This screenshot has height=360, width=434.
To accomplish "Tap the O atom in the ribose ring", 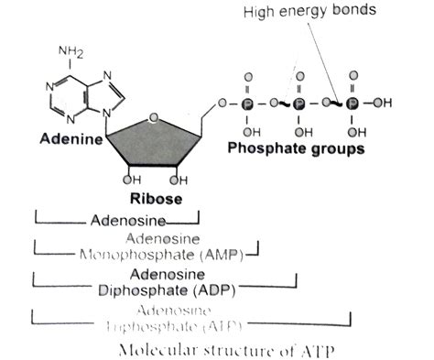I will (x=154, y=118).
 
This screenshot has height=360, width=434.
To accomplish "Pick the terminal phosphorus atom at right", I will (x=351, y=104).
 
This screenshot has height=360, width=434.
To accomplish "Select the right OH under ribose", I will (x=181, y=180).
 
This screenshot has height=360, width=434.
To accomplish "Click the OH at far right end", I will (x=385, y=104).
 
